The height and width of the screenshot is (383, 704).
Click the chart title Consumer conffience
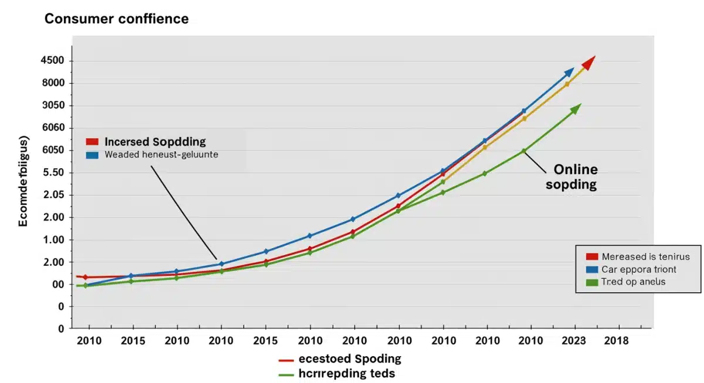[x=117, y=19]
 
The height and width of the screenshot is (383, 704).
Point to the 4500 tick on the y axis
[x=52, y=61]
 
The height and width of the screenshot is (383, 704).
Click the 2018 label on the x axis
[x=616, y=341]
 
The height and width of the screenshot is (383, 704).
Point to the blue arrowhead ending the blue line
[x=568, y=72]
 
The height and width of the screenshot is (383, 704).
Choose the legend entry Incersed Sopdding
[x=155, y=142]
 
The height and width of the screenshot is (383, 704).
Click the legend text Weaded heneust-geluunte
[x=161, y=155]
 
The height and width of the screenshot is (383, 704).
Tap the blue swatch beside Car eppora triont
[x=591, y=269]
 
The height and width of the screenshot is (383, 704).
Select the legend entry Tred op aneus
[x=633, y=282]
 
